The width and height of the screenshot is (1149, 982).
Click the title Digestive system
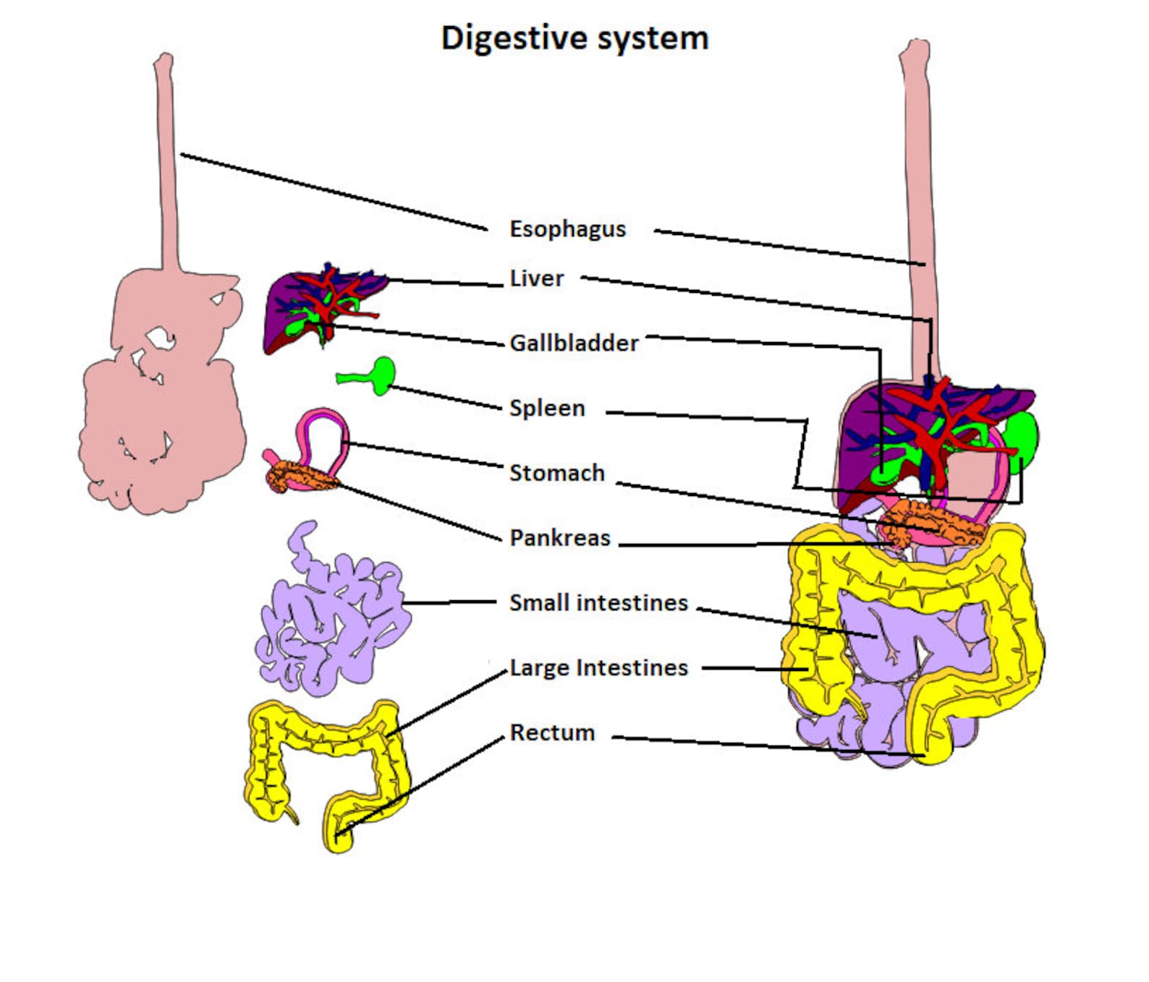pos(574,38)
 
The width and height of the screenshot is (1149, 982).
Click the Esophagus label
pos(567,229)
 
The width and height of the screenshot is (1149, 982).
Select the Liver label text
pos(536,278)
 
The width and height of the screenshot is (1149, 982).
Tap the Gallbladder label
pos(574,343)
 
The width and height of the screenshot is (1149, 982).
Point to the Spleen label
pos(547,408)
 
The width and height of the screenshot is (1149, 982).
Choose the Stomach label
pos(556,473)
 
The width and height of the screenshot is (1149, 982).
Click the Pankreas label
pos(560,538)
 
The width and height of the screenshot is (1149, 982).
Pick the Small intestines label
pos(598,602)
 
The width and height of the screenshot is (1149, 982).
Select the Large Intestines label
pos(598,667)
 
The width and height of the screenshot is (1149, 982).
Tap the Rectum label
pos(552,733)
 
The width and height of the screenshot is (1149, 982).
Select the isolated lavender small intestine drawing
pos(329,615)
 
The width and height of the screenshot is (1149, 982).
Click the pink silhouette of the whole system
pos(163,405)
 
